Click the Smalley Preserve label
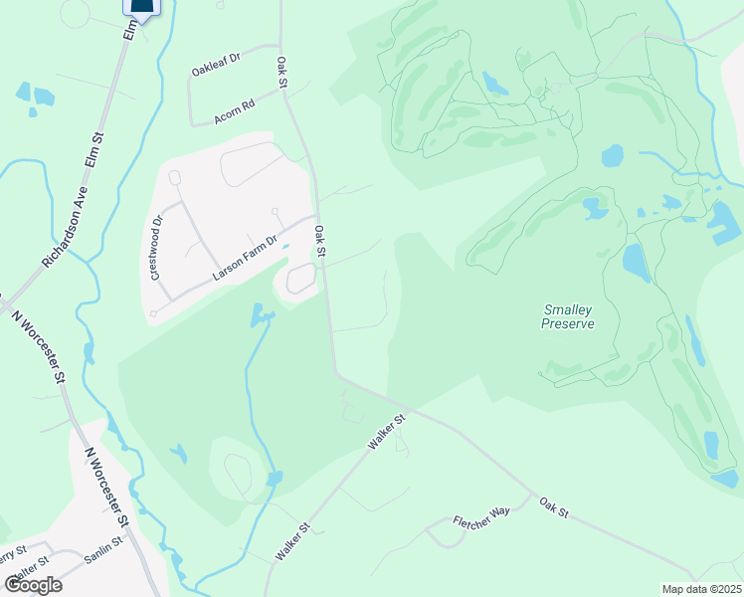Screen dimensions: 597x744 tap(568, 316)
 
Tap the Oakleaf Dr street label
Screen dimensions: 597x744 tap(217, 64)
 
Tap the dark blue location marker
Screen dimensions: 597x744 tap(141, 8)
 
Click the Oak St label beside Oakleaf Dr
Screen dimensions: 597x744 tap(281, 74)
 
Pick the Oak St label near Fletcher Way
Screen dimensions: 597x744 tap(553, 506)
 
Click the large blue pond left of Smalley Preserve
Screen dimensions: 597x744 tap(634, 261)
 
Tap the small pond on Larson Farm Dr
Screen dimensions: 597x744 tap(285, 248)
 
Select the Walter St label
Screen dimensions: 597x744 tap(32, 570)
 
